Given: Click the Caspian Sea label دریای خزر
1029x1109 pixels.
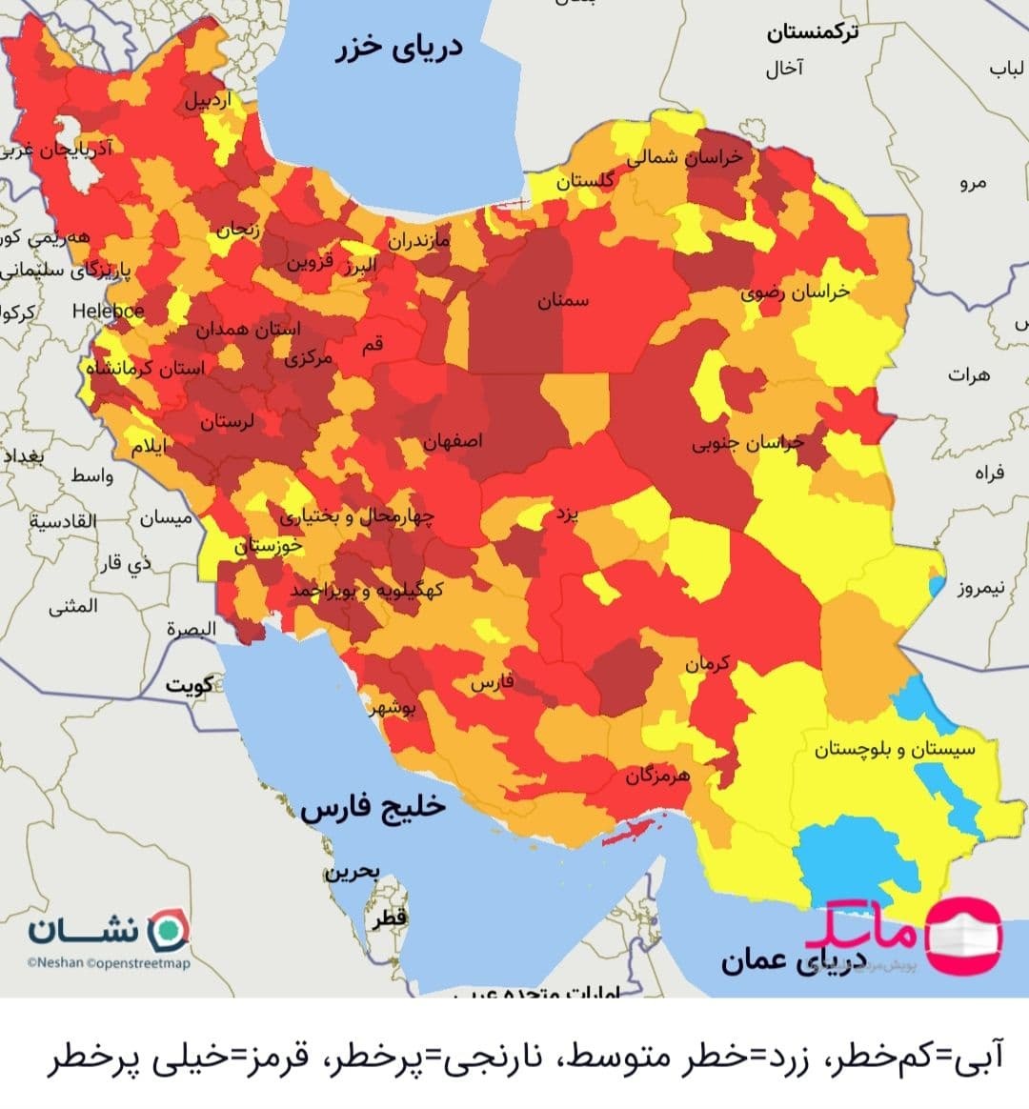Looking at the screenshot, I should [x=398, y=48].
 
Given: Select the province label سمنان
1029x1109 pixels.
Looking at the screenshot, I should [x=563, y=301].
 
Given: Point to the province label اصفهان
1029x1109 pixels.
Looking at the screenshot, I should [x=454, y=441].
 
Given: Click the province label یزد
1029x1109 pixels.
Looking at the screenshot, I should [x=567, y=515].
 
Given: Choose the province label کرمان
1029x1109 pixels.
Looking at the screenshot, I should [x=707, y=663].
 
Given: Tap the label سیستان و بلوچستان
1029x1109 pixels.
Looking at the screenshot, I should [x=894, y=749].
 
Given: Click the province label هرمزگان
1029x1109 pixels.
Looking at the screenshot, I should [x=657, y=776].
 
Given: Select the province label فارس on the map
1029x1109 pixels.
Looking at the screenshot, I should [x=492, y=683].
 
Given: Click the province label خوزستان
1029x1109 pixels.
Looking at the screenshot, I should [x=269, y=546].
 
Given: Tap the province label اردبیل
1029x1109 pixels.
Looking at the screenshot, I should [x=208, y=100].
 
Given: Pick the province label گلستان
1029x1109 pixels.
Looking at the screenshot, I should [x=585, y=180].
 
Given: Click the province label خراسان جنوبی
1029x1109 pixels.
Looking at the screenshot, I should [x=748, y=443].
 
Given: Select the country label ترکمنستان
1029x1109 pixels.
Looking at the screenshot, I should [x=812, y=32].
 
